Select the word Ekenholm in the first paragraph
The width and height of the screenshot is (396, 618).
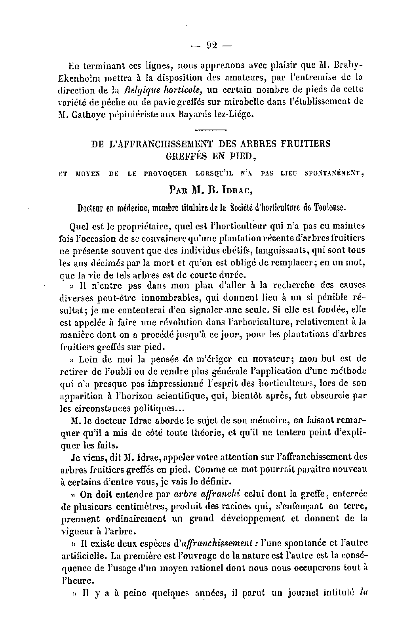click(81, 77)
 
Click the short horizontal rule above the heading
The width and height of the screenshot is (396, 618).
click(211, 129)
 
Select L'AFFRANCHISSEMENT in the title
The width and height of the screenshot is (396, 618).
click(158, 143)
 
